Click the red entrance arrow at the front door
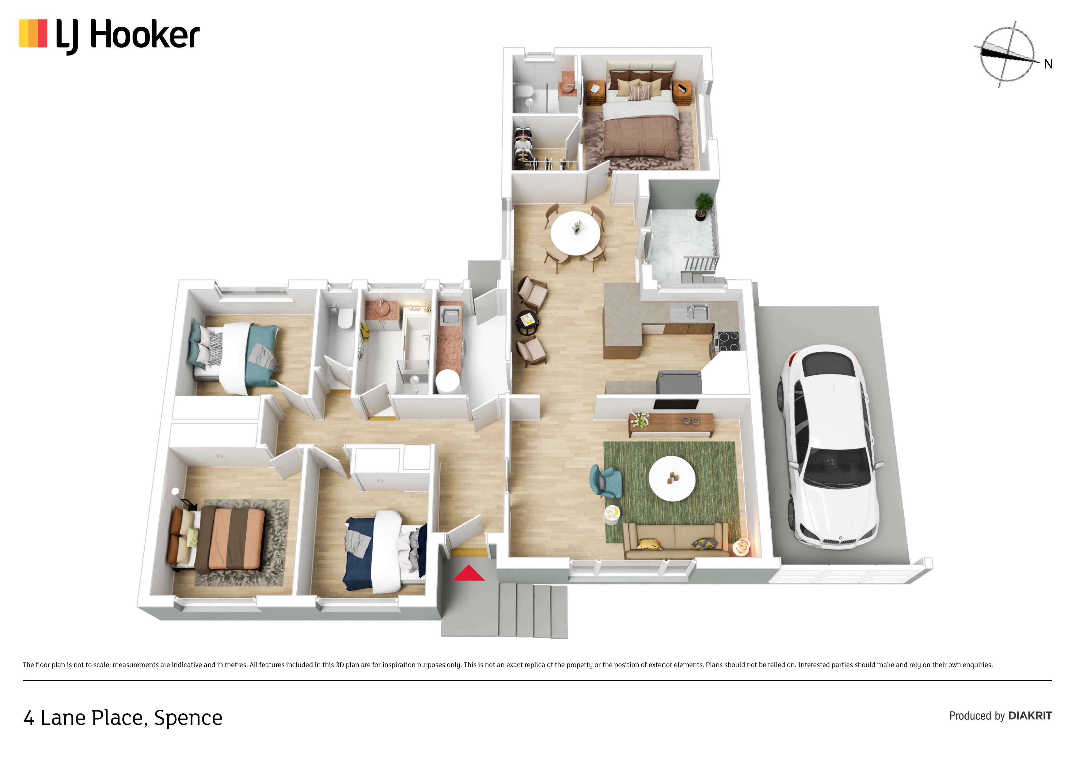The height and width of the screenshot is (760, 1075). coord(469,573)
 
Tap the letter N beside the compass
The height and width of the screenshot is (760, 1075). coord(1048,64)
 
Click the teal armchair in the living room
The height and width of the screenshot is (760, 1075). coord(607,481)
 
